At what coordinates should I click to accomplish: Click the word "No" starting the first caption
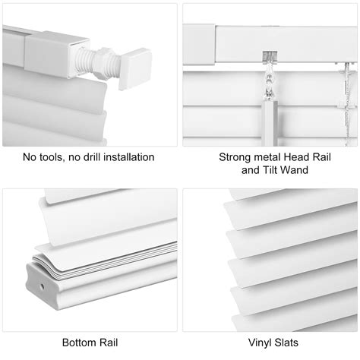pyautogui.click(x=28, y=158)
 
